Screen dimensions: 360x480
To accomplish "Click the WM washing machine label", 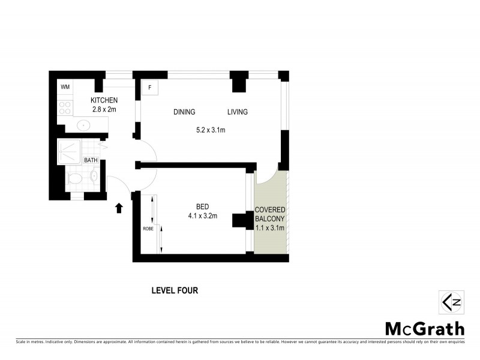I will pos(65,88).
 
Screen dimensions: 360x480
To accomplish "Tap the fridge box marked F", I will pos(149,88).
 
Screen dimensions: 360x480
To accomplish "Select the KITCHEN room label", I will pos(104,100).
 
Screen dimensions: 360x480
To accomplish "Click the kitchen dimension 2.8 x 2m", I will pos(104,109).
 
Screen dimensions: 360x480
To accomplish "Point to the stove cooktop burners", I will pos(65,109).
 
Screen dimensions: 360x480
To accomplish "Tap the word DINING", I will pos(184,112).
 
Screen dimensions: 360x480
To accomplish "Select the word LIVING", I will pos(237,112).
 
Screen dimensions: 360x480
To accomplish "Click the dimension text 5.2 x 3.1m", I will pos(211,130).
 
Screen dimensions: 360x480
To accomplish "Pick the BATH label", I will pos(91,160).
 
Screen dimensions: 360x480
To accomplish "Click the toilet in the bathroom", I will pos(76,178).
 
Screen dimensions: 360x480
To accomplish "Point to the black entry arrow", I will pos(119,208).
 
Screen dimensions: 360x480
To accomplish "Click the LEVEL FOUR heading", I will pos(174,290).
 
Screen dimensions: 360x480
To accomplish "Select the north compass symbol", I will pos(450,302).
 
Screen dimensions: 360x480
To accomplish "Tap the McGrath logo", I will pos(424,329).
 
